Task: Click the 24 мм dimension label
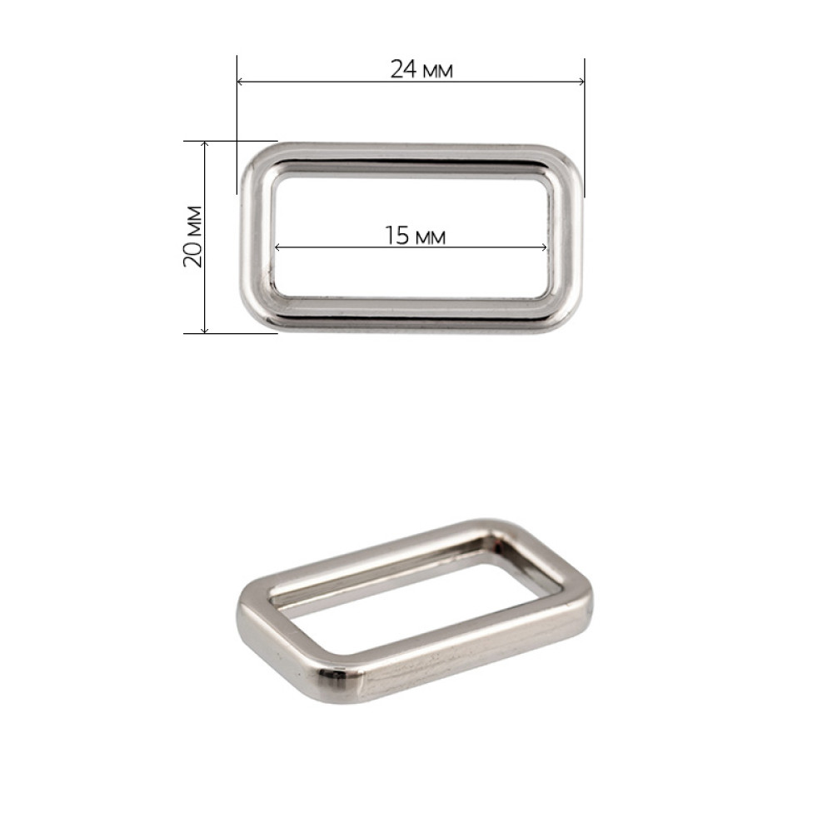(421, 70)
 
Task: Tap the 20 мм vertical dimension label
(193, 237)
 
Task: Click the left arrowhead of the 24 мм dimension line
(240, 82)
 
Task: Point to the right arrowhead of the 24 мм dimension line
(581, 82)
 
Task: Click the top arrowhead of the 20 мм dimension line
(205, 144)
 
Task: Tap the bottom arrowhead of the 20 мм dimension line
(205, 330)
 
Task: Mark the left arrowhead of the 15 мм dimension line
(278, 247)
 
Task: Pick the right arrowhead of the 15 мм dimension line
(543, 247)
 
